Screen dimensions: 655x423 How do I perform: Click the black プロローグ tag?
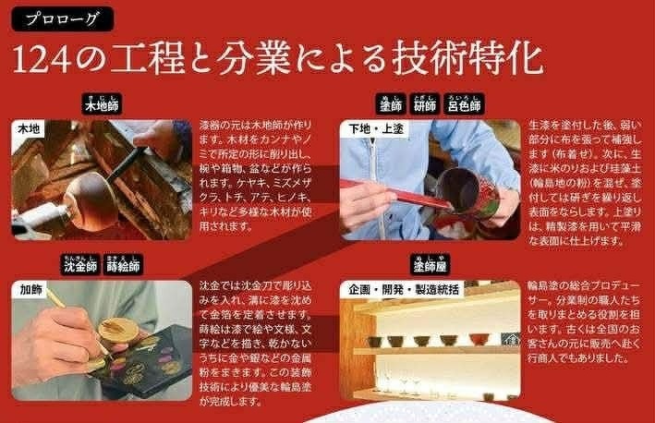pyautogui.click(x=62, y=18)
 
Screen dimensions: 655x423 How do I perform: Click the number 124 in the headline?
pyautogui.click(x=42, y=59)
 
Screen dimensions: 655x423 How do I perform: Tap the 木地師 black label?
pyautogui.click(x=102, y=104)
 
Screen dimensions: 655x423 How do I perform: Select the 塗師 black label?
pyautogui.click(x=391, y=104)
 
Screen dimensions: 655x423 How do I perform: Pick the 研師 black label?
pyautogui.click(x=424, y=104)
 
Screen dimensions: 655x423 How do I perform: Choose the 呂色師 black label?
pyautogui.click(x=464, y=104)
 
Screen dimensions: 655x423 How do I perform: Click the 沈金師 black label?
pyautogui.click(x=80, y=264)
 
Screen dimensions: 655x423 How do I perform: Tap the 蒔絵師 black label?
pyautogui.click(x=123, y=264)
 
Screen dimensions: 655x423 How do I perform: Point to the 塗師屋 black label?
pyautogui.click(x=430, y=264)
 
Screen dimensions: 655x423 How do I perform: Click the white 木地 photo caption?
pyautogui.click(x=29, y=128)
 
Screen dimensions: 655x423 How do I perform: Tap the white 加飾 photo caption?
pyautogui.click(x=30, y=289)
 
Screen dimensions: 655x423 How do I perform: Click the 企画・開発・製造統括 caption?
pyautogui.click(x=404, y=289)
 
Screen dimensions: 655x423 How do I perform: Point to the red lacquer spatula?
pyautogui.click(x=397, y=194)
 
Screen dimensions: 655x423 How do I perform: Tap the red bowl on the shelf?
pyautogui.click(x=479, y=339)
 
